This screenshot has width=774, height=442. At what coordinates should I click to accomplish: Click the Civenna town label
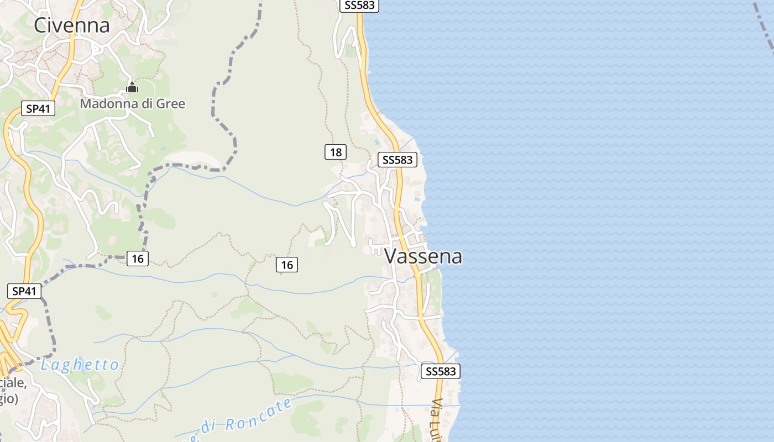coord(72,25)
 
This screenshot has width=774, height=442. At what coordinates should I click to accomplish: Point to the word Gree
coord(171,103)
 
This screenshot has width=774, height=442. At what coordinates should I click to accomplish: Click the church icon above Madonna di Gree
coord(132,87)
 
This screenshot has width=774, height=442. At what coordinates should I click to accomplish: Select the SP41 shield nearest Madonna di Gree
coord(38,108)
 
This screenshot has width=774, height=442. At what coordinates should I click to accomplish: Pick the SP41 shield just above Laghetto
coord(24,291)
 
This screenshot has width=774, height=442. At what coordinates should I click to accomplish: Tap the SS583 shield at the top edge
coord(359,6)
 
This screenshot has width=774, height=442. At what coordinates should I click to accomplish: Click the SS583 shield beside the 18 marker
coord(398,160)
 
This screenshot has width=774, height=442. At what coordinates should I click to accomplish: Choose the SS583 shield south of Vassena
coord(441,371)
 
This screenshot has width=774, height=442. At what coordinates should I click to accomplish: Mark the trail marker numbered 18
coord(336,151)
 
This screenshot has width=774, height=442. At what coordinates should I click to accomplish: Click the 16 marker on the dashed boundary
coord(138,258)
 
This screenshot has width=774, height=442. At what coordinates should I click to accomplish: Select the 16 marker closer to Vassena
coord(287,265)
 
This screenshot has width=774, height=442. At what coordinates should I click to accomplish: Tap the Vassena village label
coord(423,256)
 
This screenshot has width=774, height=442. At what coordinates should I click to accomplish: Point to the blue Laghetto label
coord(80,365)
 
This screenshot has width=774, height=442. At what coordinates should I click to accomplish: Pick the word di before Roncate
coord(207,427)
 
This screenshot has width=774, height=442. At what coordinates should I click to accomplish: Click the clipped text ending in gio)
coord(9,399)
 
